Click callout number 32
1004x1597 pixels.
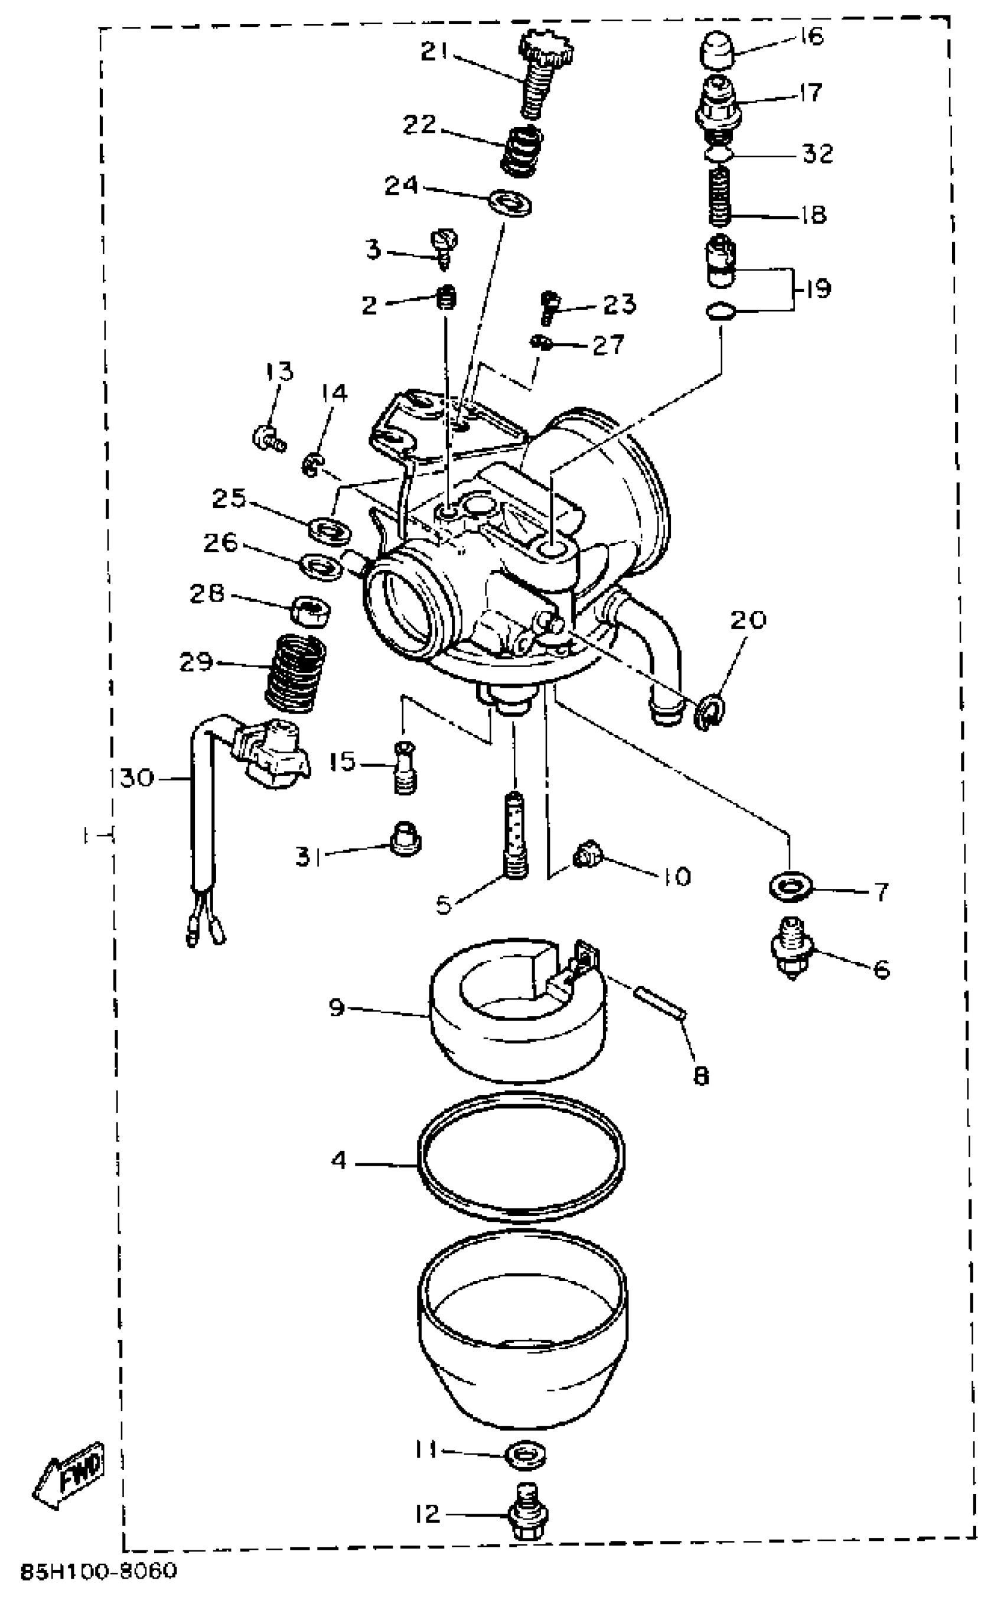pyautogui.click(x=817, y=154)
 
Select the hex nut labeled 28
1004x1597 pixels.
pyautogui.click(x=312, y=607)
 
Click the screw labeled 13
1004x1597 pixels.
pyautogui.click(x=268, y=438)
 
